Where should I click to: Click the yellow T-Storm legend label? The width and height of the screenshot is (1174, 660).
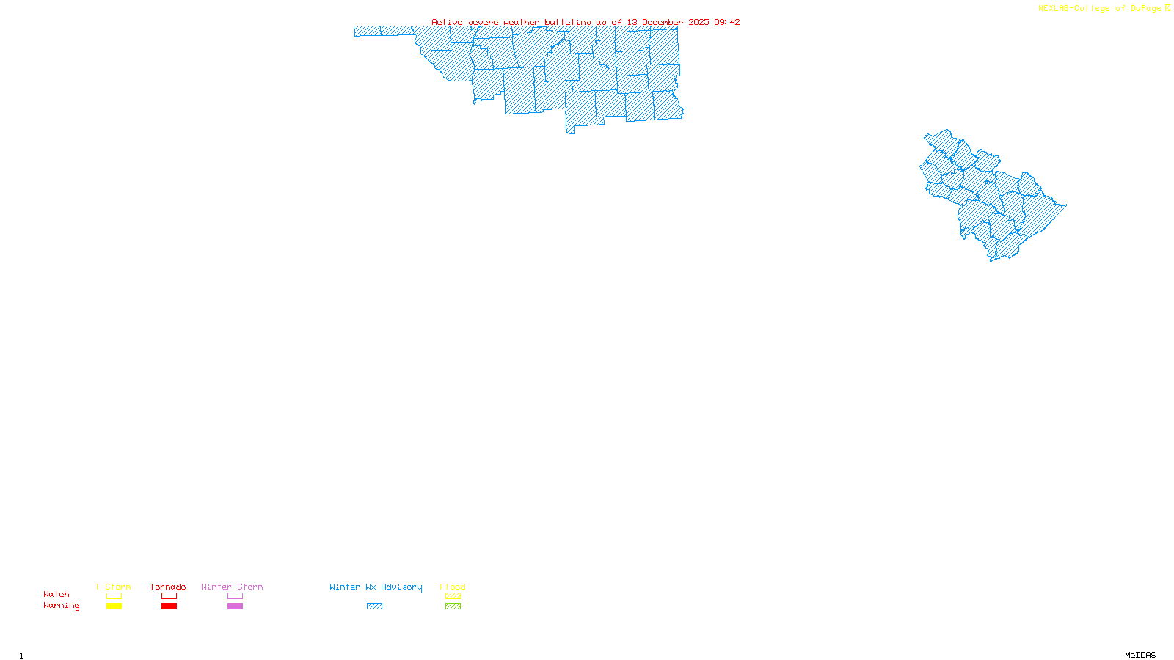click(x=113, y=587)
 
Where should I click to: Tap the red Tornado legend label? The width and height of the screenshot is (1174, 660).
click(x=168, y=587)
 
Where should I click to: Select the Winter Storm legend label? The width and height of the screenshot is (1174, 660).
click(x=232, y=587)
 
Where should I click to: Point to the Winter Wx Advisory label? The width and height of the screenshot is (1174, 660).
click(x=376, y=587)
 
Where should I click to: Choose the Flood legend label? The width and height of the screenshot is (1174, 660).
click(x=453, y=587)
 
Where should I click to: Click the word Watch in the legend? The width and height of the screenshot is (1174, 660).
click(x=56, y=594)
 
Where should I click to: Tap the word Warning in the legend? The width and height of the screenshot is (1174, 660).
click(x=62, y=606)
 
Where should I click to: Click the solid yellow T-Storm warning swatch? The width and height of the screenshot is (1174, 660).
click(x=114, y=606)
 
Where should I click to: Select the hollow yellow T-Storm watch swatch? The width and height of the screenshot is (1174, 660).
click(x=114, y=596)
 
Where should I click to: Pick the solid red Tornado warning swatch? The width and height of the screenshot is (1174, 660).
click(x=169, y=606)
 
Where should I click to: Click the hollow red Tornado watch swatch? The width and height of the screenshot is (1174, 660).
click(x=169, y=596)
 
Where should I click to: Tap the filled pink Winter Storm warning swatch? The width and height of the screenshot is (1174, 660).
click(x=235, y=606)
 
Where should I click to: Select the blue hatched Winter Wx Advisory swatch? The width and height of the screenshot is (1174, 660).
click(x=374, y=606)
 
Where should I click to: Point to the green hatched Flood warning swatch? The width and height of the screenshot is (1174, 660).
click(x=453, y=606)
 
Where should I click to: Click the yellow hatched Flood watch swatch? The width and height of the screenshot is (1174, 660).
click(x=453, y=596)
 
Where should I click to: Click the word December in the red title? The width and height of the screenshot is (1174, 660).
click(x=663, y=22)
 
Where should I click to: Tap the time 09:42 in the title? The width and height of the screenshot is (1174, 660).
click(x=727, y=22)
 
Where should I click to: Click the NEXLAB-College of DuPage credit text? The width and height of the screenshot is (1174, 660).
click(x=1099, y=9)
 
